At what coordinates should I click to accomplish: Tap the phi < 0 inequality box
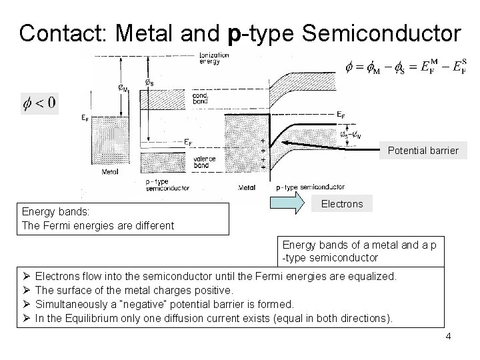pos(39,103)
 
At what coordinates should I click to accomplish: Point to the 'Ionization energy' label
pos(214,58)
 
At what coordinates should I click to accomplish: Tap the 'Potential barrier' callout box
pos(423,150)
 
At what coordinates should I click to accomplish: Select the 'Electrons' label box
pos(342,204)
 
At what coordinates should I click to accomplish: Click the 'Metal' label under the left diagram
pos(110,171)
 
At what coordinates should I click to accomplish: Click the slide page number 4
pos(448,336)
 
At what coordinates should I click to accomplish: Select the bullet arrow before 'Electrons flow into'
pos(25,276)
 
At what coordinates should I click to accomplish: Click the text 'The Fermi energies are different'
pos(98,225)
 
